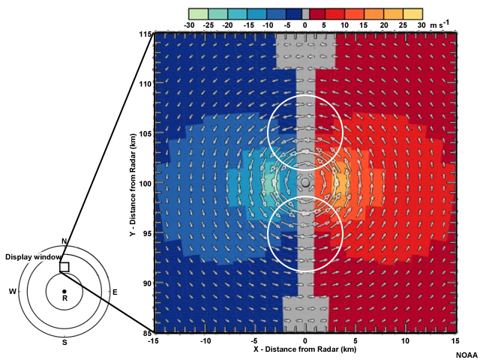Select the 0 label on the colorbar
[x=305, y=25]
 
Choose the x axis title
[x=305, y=350]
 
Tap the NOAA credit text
[x=466, y=355]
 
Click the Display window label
[x=30, y=257]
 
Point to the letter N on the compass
[x=64, y=241]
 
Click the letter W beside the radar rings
[x=12, y=291]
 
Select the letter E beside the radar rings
[x=114, y=291]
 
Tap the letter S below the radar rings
[x=64, y=342]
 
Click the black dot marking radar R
[x=64, y=291]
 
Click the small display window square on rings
[x=64, y=267]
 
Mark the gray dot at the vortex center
[x=305, y=183]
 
